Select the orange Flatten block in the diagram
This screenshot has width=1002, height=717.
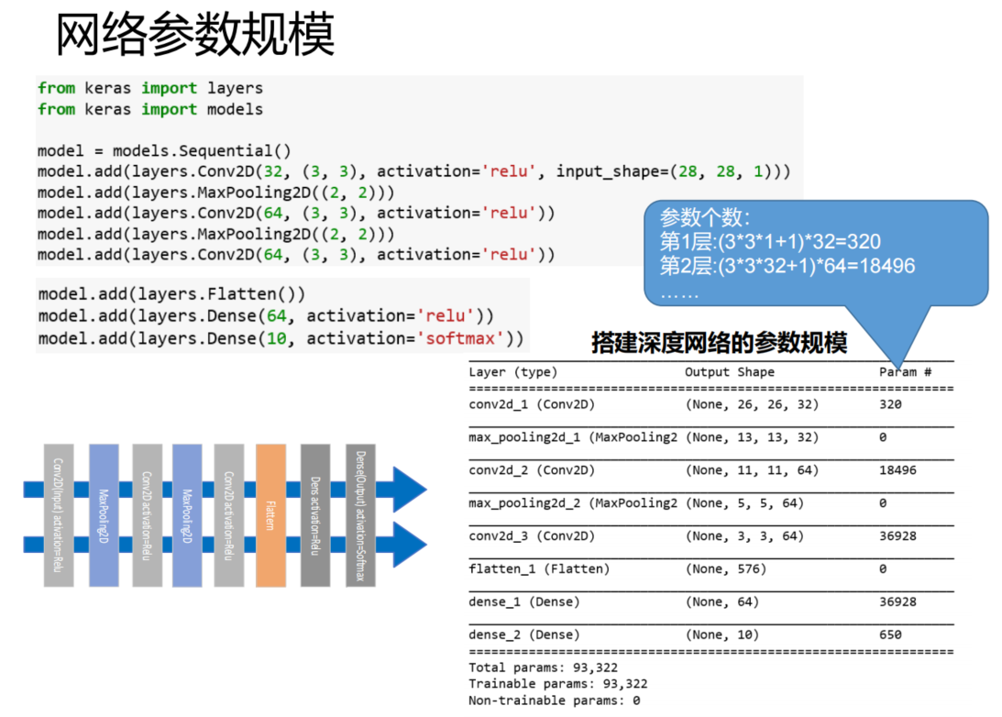(x=270, y=515)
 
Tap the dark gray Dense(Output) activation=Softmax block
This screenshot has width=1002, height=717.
(x=360, y=515)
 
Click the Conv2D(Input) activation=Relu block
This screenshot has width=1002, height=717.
(x=58, y=515)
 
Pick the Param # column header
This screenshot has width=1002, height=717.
(x=905, y=372)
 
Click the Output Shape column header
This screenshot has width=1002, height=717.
(x=729, y=372)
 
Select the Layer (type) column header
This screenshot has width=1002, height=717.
(x=512, y=372)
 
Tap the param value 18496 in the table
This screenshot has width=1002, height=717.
(x=897, y=470)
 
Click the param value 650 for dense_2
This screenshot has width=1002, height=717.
(x=890, y=634)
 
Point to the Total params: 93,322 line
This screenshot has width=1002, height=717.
(x=557, y=667)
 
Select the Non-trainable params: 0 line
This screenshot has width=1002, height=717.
(x=554, y=700)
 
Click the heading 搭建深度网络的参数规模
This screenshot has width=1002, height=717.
(x=719, y=344)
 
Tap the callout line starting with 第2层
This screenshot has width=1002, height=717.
(x=787, y=266)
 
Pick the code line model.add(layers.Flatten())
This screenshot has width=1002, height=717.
(x=171, y=294)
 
